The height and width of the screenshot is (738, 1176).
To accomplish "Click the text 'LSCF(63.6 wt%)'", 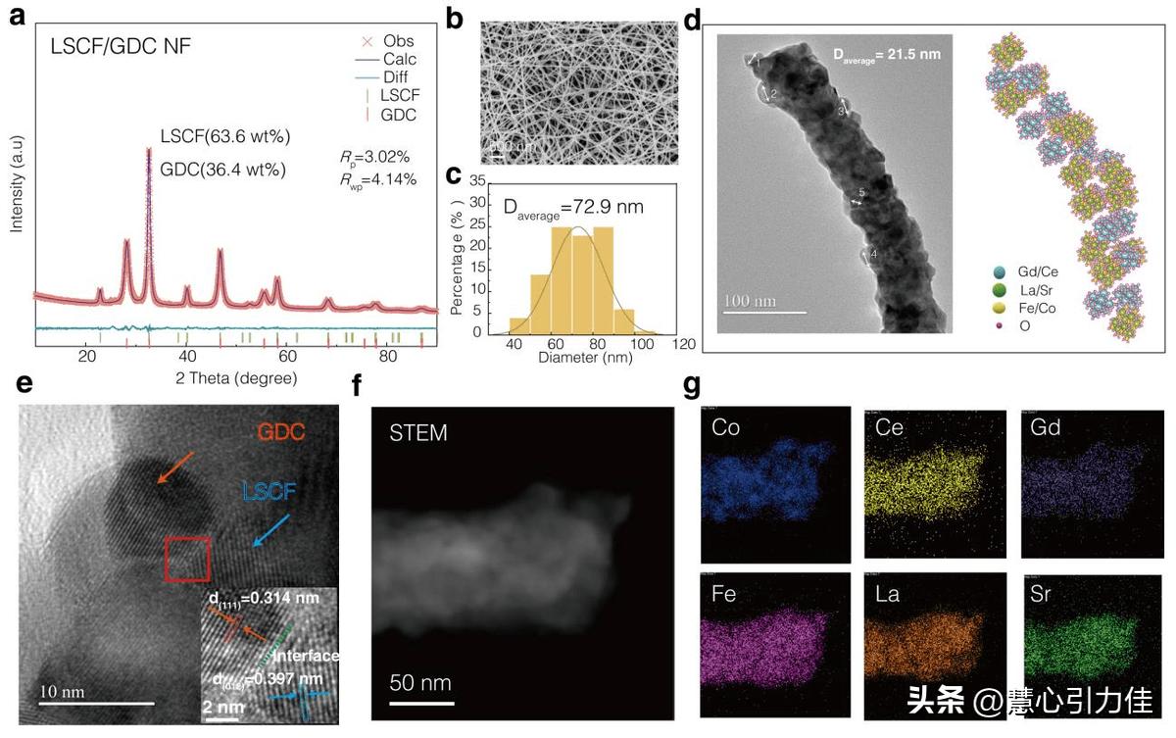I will [x=225, y=136].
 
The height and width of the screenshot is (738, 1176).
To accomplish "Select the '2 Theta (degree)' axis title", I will [x=230, y=377].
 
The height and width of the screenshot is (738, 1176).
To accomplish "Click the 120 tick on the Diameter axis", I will [x=683, y=344].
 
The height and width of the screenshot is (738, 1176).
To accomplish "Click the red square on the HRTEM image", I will [x=186, y=560].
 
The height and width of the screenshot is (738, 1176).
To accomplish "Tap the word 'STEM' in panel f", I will [x=418, y=432].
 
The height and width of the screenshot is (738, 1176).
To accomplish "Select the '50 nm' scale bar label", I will [x=419, y=682].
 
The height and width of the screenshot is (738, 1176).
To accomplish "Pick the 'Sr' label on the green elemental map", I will [x=1046, y=592].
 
